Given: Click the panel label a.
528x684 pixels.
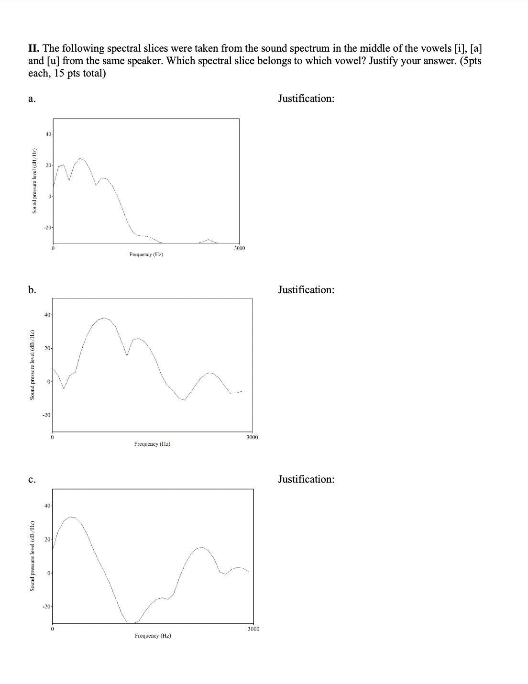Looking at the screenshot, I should click(31, 99).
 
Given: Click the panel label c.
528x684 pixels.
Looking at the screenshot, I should click(31, 480).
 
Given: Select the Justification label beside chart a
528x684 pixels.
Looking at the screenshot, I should click(306, 99).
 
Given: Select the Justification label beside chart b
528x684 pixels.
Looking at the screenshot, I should click(306, 290).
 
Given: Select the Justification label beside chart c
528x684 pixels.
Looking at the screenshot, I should click(306, 479).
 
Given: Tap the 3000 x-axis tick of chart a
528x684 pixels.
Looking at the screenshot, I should click(240, 248).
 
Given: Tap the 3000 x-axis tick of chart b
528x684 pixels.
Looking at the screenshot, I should click(252, 437).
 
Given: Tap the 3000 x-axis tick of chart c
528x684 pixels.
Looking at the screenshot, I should click(253, 629).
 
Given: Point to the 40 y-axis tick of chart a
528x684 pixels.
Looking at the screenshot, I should click(48, 134).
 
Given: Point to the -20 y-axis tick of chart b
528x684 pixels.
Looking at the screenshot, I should click(47, 415).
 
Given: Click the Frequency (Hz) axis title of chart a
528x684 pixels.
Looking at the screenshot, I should click(146, 255).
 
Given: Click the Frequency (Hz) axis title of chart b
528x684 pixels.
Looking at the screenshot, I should click(153, 444).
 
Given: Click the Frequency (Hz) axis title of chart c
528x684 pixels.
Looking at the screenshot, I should click(153, 636).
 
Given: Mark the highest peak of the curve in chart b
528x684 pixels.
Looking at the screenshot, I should click(104, 318).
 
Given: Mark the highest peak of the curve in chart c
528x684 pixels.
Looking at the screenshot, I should click(71, 517).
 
